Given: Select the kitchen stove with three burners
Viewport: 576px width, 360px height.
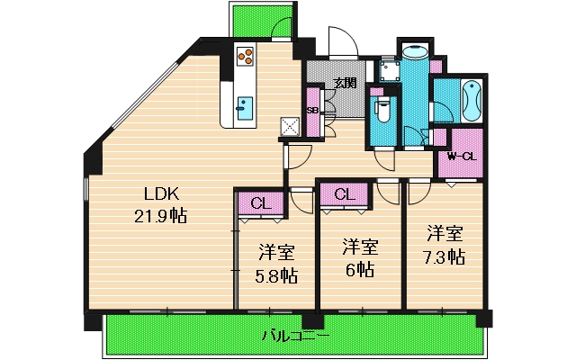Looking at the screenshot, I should pyautogui.click(x=245, y=57).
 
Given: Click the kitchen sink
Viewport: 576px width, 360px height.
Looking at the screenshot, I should pyautogui.click(x=245, y=107).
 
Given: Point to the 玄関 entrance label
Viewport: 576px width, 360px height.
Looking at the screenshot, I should pyautogui.click(x=345, y=83).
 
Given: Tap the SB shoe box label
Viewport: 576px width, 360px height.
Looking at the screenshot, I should pyautogui.click(x=313, y=111).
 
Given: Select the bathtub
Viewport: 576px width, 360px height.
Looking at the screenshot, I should pyautogui.click(x=471, y=100).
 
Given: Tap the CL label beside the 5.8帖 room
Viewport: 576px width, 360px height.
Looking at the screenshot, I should pyautogui.click(x=259, y=202).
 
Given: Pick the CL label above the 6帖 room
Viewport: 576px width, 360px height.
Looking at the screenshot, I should pyautogui.click(x=343, y=193).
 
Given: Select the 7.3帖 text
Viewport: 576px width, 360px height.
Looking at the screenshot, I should pyautogui.click(x=445, y=256).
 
